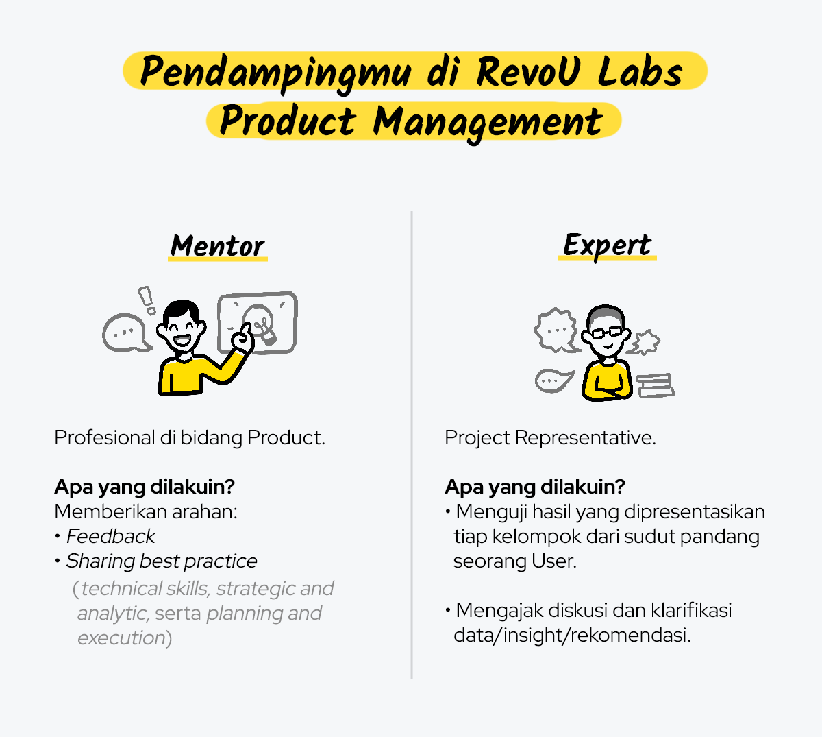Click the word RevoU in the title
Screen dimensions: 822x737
[x=528, y=71]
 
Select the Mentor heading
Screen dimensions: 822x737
[x=217, y=246]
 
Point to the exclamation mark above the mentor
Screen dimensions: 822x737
[x=146, y=300]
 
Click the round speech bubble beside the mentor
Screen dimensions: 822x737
[x=127, y=333]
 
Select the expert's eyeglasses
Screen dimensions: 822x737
[x=607, y=332]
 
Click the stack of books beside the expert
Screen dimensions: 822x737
[x=655, y=385]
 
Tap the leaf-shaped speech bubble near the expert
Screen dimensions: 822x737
[x=553, y=380]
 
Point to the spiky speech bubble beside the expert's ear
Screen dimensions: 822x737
[x=645, y=342]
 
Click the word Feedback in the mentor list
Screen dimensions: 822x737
[x=111, y=536]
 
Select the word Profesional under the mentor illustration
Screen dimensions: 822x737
[x=105, y=437]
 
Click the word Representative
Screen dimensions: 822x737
[x=585, y=438]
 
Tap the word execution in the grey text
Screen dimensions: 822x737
[x=121, y=638]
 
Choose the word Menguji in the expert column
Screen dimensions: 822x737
[x=491, y=512]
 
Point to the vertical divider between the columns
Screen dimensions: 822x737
[x=412, y=445]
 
